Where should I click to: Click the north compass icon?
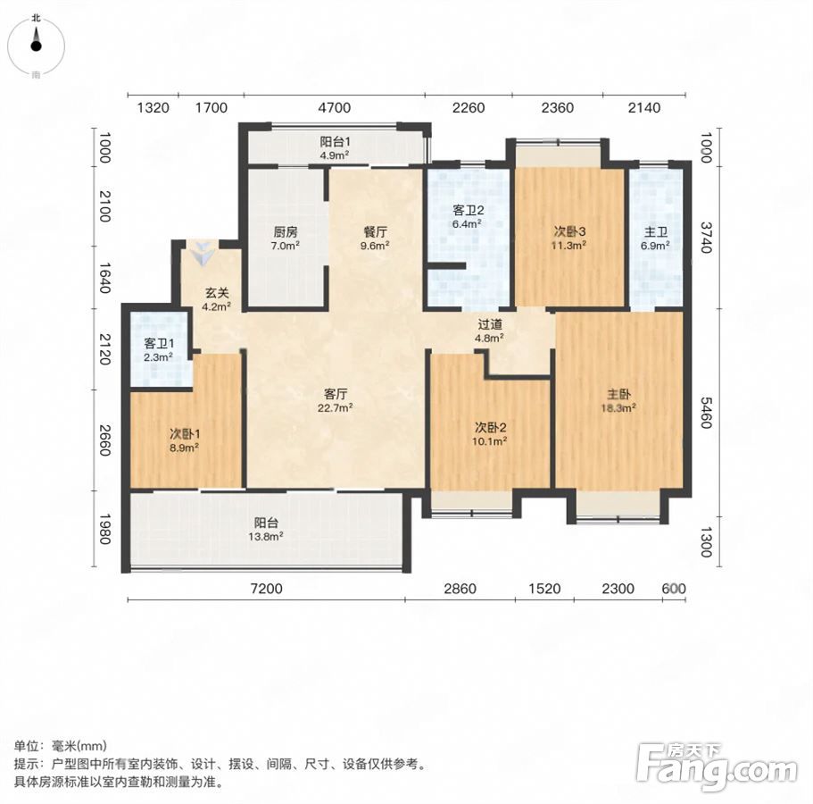[36, 46]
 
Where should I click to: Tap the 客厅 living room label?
[336, 394]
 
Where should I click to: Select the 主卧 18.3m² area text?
[618, 408]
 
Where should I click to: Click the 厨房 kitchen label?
[286, 232]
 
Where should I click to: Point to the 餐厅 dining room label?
[375, 232]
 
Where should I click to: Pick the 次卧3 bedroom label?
[569, 232]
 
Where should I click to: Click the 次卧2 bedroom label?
[491, 428]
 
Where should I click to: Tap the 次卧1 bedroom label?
[185, 433]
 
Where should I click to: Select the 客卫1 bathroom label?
[159, 344]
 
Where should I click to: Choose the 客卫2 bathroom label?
[469, 210]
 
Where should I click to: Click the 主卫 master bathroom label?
[655, 232]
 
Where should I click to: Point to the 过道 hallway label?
[490, 325]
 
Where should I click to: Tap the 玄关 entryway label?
[216, 293]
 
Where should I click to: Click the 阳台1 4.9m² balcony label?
[335, 148]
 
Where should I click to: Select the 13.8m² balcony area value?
[265, 537]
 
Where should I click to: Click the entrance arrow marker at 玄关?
[203, 254]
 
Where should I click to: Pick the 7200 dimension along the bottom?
[267, 589]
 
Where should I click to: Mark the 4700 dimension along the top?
[335, 107]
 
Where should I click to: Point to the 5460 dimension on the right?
[706, 413]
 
